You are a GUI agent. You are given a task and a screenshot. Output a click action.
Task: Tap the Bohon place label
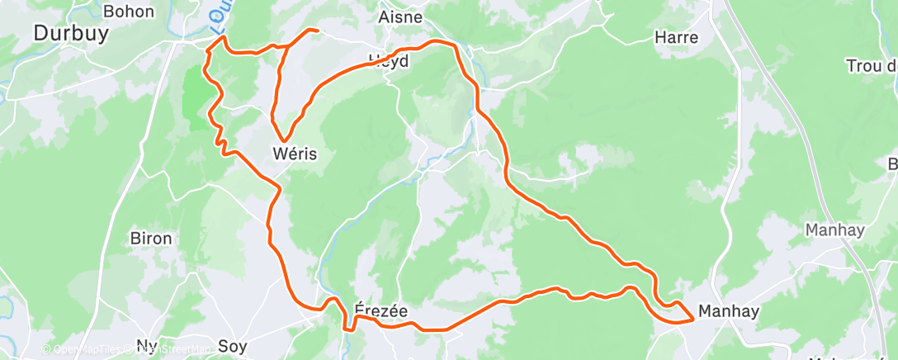tap(129, 11)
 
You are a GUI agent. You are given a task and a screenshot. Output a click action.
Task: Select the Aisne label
tap(400, 17)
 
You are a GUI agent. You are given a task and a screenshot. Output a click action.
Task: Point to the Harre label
tap(676, 37)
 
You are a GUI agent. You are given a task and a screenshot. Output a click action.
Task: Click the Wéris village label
tap(295, 154)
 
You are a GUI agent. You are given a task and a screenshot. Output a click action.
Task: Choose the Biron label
tap(151, 239)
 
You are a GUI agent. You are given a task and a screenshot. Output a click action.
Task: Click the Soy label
tap(232, 345)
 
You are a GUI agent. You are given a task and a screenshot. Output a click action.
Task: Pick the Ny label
tap(146, 345)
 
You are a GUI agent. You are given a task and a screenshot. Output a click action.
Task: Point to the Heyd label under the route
tap(389, 59)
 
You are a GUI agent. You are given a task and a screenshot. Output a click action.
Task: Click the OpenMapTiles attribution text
tap(83, 349)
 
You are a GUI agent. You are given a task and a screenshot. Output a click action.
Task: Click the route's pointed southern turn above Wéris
tap(285, 140)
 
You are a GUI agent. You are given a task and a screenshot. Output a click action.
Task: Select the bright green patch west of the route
tap(196, 99)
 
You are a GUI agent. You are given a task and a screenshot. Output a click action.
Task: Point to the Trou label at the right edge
tap(872, 65)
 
